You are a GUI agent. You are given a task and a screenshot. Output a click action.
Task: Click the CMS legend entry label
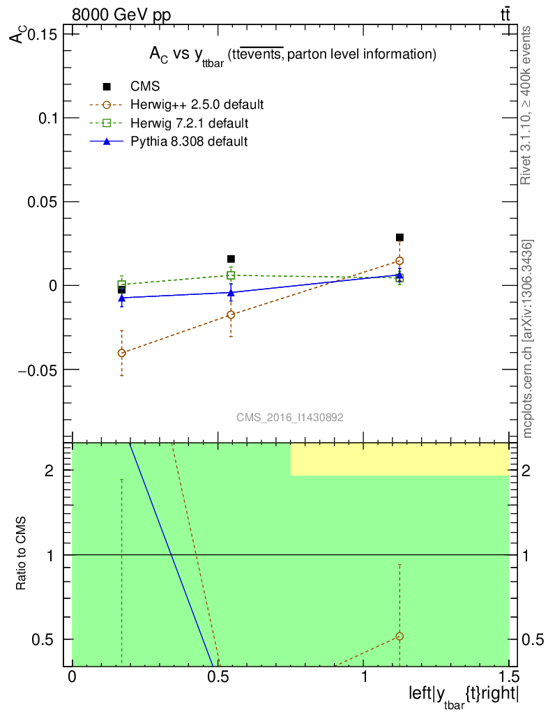click(145, 86)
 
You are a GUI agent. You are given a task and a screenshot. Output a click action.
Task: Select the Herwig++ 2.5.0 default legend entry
click(197, 105)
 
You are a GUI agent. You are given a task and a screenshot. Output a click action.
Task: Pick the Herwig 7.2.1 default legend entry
click(190, 123)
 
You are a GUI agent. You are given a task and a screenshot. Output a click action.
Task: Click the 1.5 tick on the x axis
click(508, 677)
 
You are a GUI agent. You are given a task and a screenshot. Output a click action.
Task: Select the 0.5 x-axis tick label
click(218, 677)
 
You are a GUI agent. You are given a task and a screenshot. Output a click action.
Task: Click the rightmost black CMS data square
click(399, 237)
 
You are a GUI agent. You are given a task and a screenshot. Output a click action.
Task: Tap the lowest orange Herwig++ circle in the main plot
click(122, 353)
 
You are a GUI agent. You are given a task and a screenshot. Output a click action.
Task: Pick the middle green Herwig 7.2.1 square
click(231, 275)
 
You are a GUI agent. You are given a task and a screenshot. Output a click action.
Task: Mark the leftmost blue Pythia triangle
click(122, 297)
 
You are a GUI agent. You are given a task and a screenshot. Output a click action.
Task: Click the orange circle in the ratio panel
click(399, 636)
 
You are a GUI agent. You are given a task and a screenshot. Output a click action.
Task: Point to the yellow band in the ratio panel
click(399, 459)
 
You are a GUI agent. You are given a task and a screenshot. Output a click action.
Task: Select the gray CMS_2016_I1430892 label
click(289, 417)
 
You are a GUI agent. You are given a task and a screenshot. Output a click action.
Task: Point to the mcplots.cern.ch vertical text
click(528, 339)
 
